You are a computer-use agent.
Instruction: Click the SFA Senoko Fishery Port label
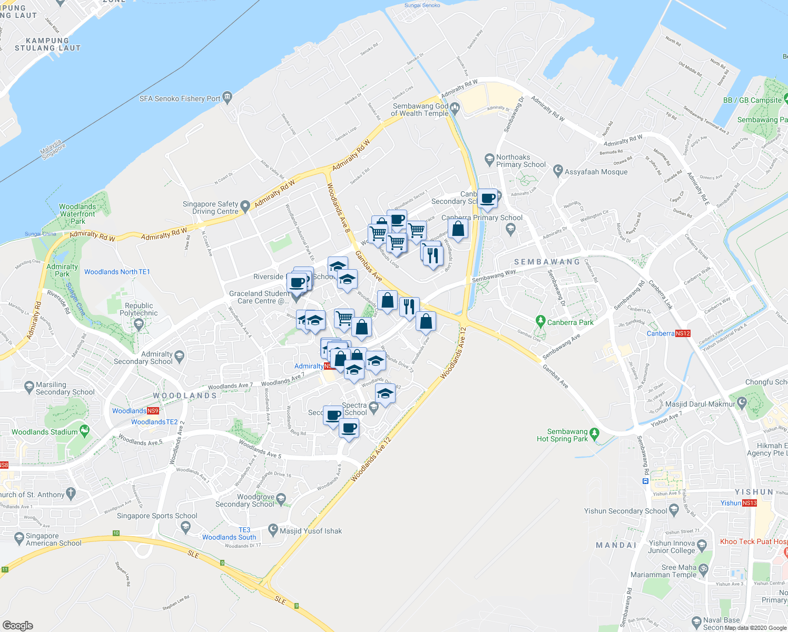click(180, 98)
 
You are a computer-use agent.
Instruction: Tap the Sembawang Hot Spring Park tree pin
click(595, 434)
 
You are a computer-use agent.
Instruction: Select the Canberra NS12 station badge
click(683, 333)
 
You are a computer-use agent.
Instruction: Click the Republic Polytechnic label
click(139, 309)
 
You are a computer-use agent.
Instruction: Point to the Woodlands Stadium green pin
click(85, 431)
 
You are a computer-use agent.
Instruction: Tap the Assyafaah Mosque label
click(596, 172)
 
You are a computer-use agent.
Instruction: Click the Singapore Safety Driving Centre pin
click(245, 206)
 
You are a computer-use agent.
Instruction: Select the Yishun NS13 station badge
click(750, 503)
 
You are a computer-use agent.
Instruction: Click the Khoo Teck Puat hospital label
click(753, 541)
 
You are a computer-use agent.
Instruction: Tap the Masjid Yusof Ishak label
click(311, 531)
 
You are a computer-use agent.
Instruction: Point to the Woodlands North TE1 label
click(117, 272)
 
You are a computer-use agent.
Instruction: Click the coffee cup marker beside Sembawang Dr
click(488, 199)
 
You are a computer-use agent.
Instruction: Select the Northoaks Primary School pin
click(489, 159)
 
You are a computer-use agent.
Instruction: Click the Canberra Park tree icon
click(540, 320)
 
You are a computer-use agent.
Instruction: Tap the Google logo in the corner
click(18, 625)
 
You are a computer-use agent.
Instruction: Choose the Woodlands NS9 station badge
click(153, 411)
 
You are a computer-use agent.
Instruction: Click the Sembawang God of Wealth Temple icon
click(455, 108)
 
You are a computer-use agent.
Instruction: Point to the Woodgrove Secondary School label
click(244, 500)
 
